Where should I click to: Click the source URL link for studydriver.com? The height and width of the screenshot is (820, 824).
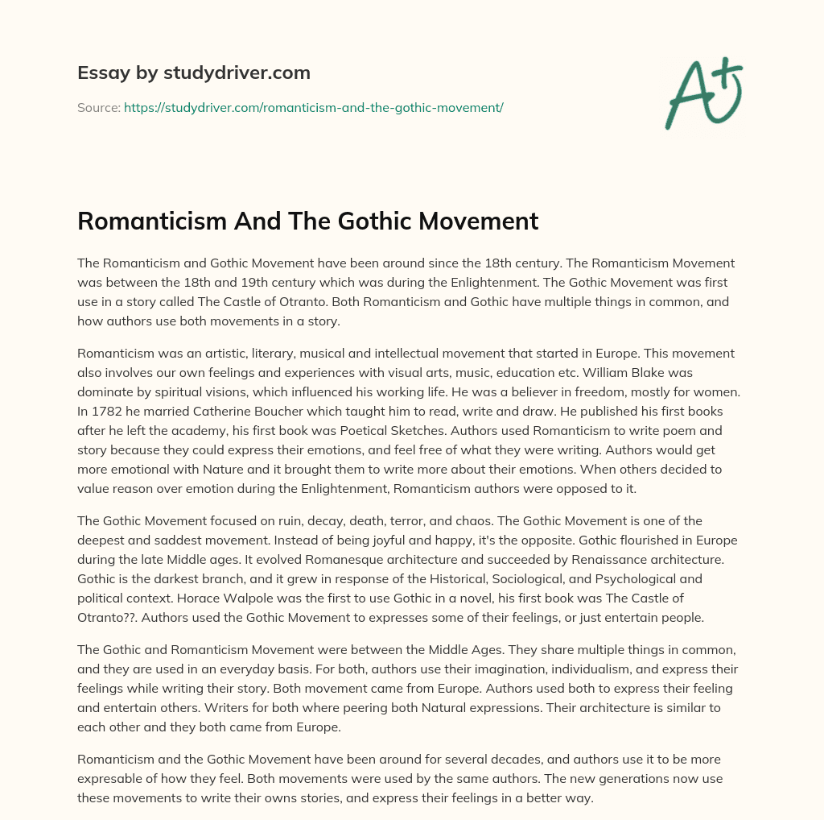coord(313,107)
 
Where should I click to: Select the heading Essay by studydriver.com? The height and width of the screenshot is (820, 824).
coord(193,73)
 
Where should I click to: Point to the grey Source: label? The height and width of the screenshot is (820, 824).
coord(98,107)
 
